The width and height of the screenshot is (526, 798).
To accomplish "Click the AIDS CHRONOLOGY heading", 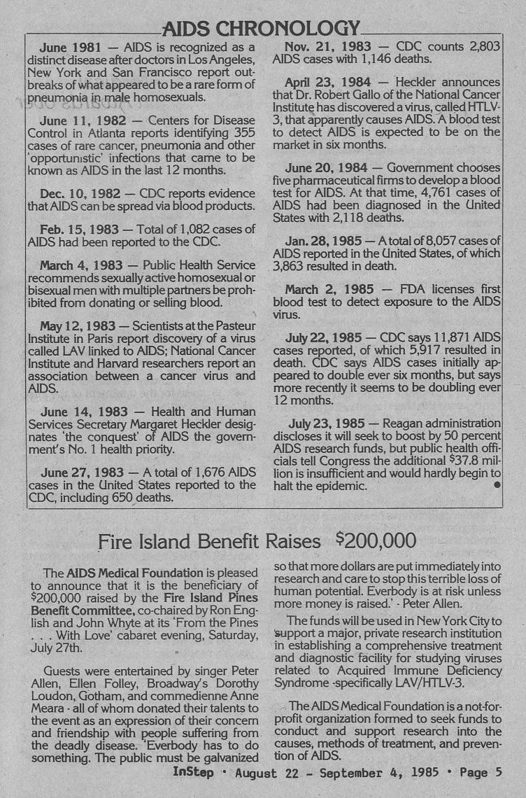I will coord(260,29).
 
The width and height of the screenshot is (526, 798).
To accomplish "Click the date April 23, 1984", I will coord(325,83).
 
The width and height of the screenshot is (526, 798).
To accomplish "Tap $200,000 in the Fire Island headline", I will coord(376,540).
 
